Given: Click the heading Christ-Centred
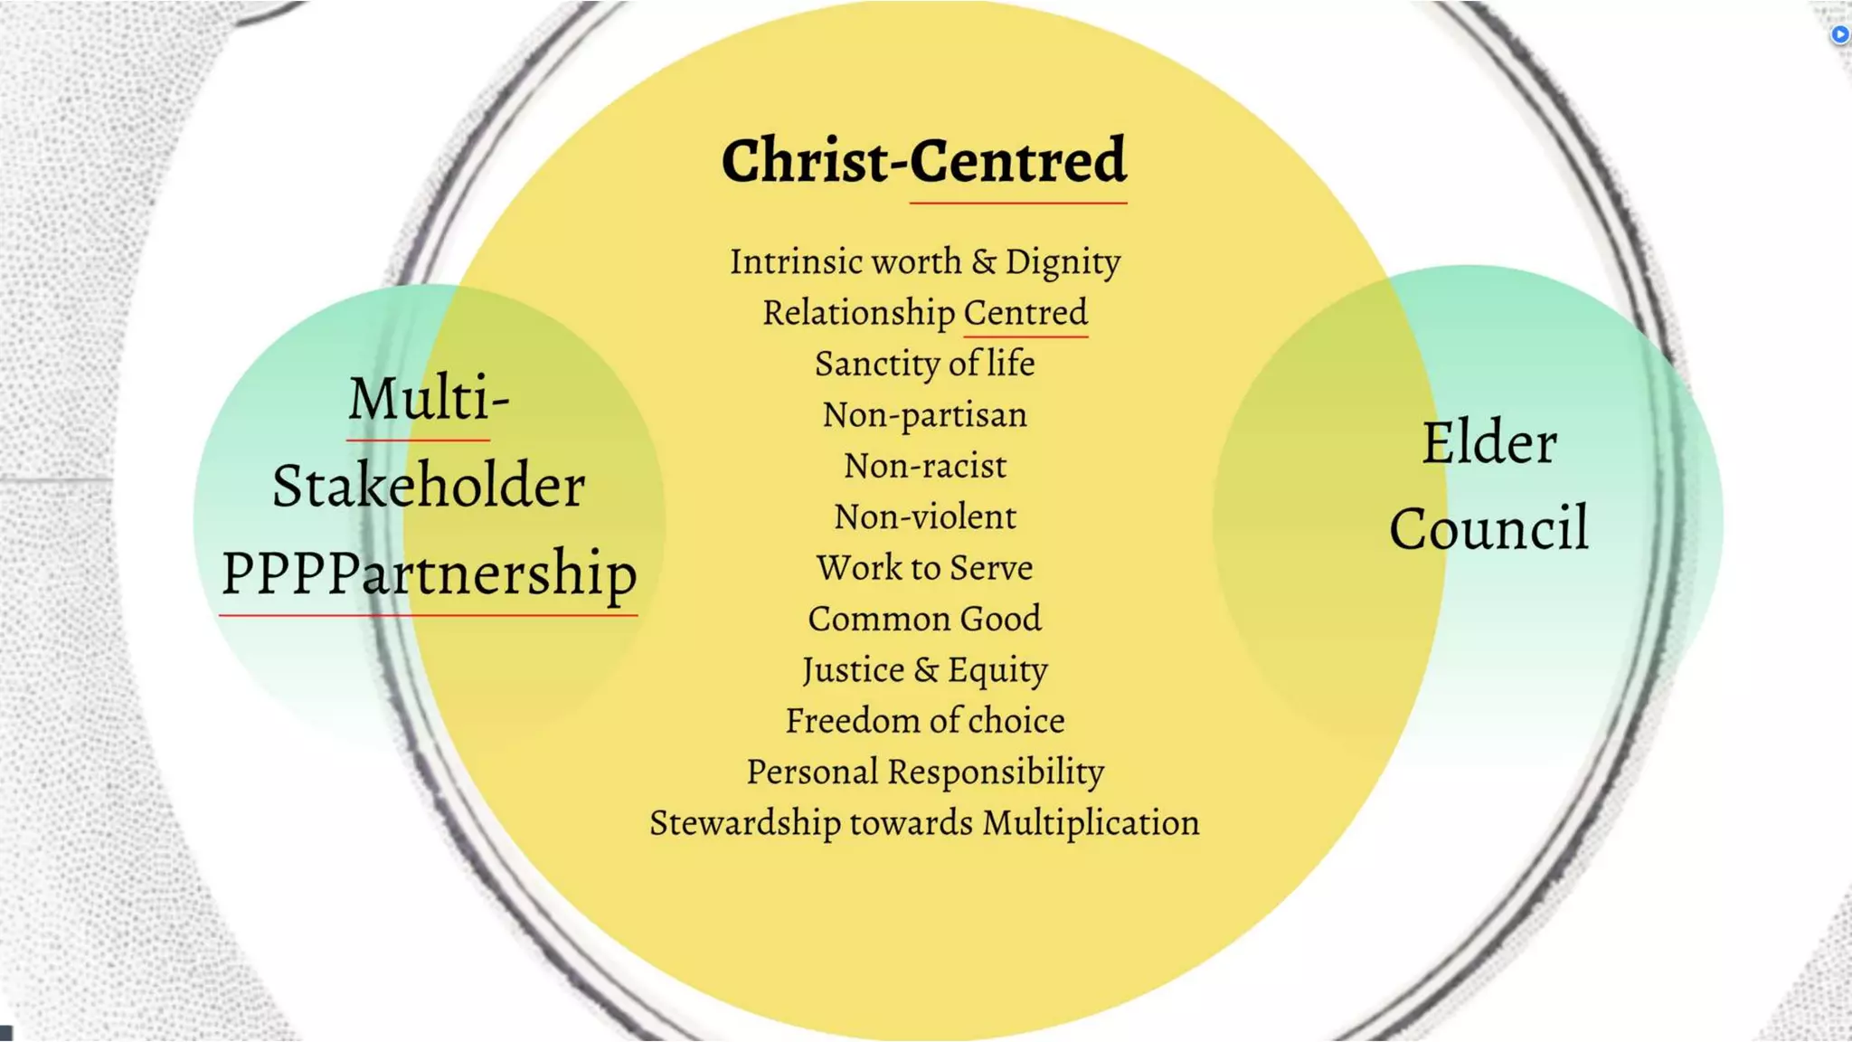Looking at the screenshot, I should pyautogui.click(x=923, y=161).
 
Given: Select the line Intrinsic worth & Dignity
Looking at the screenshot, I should pyautogui.click(x=925, y=261).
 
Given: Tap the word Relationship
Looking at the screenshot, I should pyautogui.click(x=858, y=313).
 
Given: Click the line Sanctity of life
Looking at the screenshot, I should pyautogui.click(x=924, y=364).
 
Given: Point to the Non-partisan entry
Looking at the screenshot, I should pyautogui.click(x=924, y=415).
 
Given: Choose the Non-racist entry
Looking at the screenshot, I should pyautogui.click(x=924, y=466).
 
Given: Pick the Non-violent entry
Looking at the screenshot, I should pyautogui.click(x=924, y=516).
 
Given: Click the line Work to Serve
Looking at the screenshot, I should pyautogui.click(x=924, y=568).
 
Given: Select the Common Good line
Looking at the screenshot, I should pyautogui.click(x=924, y=619).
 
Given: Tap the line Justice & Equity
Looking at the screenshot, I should pyautogui.click(x=924, y=670).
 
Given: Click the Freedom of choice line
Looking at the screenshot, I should pyautogui.click(x=924, y=721).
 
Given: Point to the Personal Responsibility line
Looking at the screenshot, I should pyautogui.click(x=924, y=772).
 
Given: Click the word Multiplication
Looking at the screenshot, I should pyautogui.click(x=1091, y=823).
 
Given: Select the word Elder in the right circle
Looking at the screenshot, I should pyautogui.click(x=1489, y=443).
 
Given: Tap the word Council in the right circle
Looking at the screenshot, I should pyautogui.click(x=1489, y=528).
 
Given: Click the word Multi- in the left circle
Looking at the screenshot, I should pyautogui.click(x=429, y=398).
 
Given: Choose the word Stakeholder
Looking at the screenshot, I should pyautogui.click(x=429, y=486).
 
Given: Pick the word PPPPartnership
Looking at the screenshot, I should pyautogui.click(x=429, y=573).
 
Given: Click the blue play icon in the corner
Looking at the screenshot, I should pyautogui.click(x=1839, y=34).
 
